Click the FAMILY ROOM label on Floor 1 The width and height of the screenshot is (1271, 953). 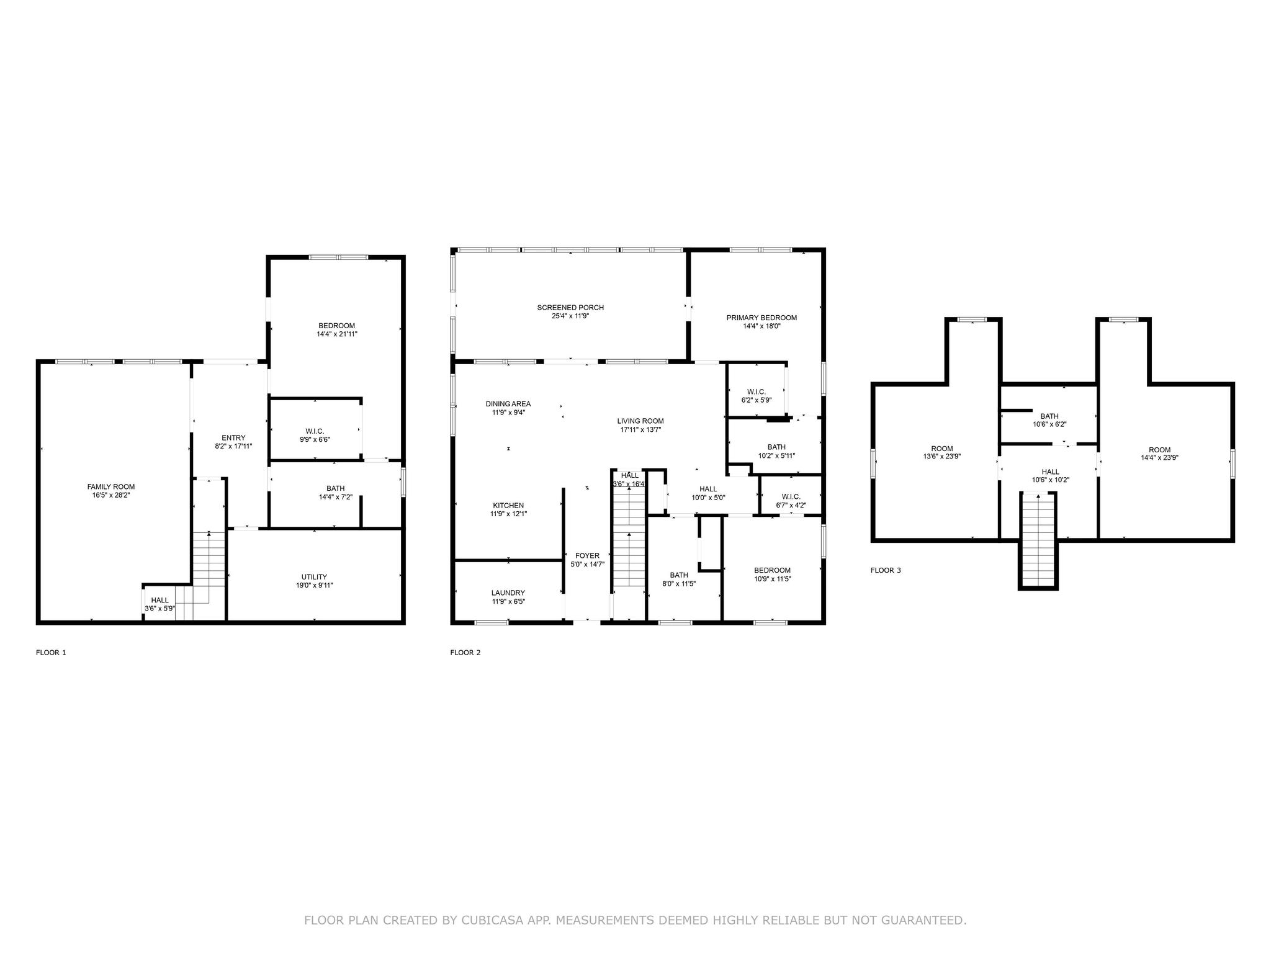110,486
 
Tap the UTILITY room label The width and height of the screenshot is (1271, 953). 314,576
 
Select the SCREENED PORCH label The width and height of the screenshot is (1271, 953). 570,307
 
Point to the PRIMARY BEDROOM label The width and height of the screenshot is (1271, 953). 761,318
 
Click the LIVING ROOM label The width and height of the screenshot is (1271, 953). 640,421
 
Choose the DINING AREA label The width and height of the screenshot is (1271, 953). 508,404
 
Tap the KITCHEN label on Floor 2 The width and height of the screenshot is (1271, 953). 508,505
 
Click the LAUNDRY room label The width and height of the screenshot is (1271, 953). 508,593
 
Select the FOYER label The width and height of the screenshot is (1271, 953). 587,555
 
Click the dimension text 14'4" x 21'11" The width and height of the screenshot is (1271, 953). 336,334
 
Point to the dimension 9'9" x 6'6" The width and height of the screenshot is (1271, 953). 315,439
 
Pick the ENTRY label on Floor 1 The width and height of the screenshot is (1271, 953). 233,437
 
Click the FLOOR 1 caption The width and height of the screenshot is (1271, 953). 51,652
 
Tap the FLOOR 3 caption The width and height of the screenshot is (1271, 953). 886,570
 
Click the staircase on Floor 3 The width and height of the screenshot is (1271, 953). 1038,540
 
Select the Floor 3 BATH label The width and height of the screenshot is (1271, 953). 1049,416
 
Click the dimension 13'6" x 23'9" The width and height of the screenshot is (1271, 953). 941,457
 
